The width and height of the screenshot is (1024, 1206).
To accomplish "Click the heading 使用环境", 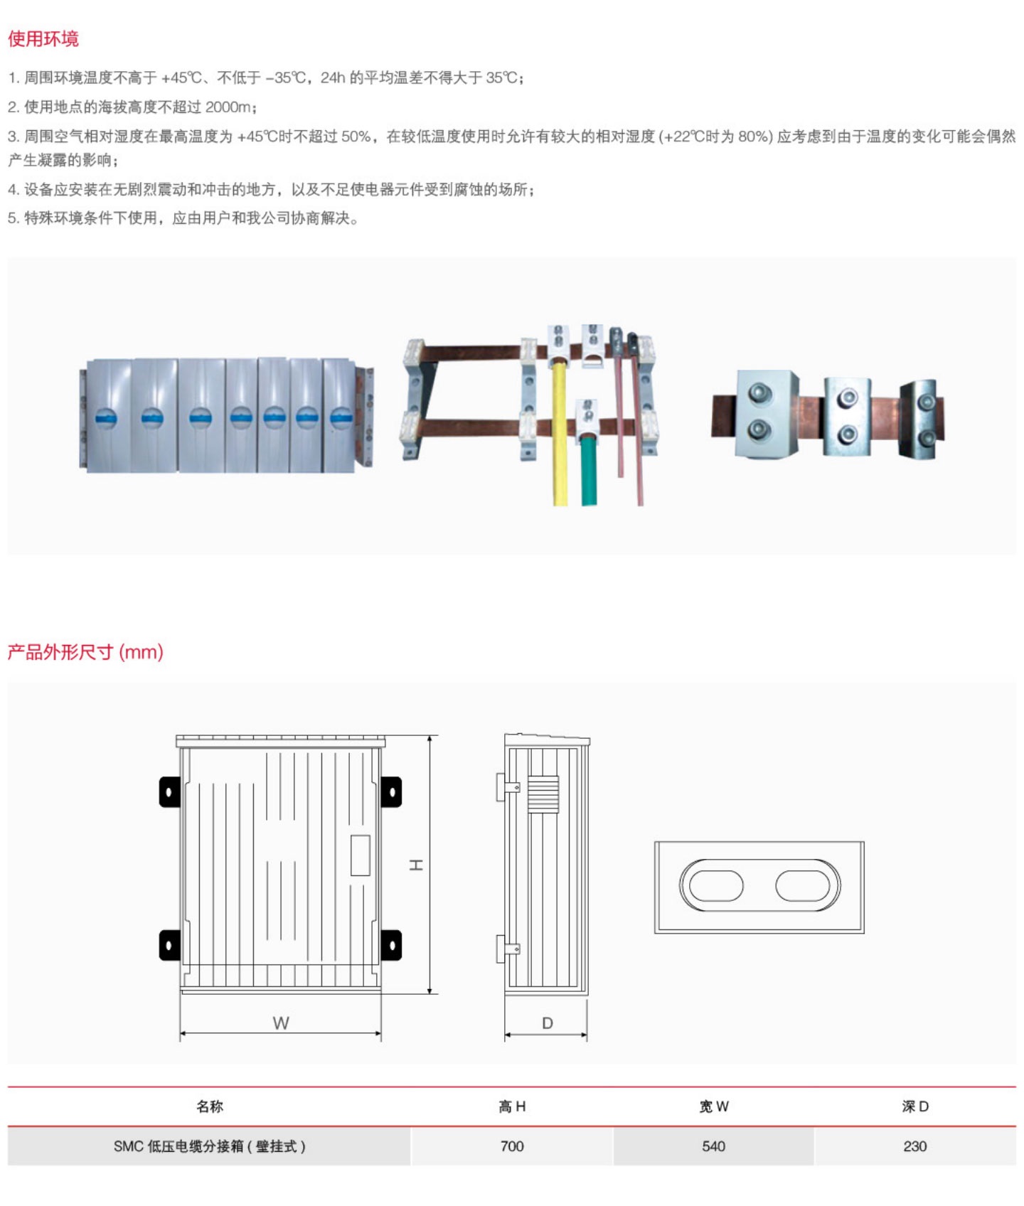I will click(43, 38).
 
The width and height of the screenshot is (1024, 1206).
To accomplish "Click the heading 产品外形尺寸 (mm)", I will click(85, 651).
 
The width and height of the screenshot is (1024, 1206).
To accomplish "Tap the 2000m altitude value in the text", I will click(228, 107).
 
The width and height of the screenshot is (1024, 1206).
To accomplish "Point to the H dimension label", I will click(416, 865).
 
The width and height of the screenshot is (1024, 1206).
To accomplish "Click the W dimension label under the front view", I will click(281, 1023).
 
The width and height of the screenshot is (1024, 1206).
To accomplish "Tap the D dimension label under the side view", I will click(547, 1023).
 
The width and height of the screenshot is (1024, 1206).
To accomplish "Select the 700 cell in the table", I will click(512, 1146).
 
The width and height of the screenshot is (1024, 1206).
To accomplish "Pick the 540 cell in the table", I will click(713, 1146).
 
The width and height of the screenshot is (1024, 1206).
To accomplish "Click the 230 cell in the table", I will click(914, 1146).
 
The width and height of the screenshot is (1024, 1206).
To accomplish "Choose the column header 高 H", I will click(512, 1106).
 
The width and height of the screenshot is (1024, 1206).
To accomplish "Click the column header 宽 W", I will click(713, 1106).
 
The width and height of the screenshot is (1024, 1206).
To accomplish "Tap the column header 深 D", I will click(914, 1106).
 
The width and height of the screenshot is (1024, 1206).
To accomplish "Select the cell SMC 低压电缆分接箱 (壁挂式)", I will click(209, 1146).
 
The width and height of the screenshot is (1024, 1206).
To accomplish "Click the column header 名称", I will click(209, 1106).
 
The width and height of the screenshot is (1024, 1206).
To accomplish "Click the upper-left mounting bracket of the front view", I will click(169, 791).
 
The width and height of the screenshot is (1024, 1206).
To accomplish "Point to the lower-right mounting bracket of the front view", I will click(391, 945).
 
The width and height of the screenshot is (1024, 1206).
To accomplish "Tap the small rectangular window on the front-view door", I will click(360, 855).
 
